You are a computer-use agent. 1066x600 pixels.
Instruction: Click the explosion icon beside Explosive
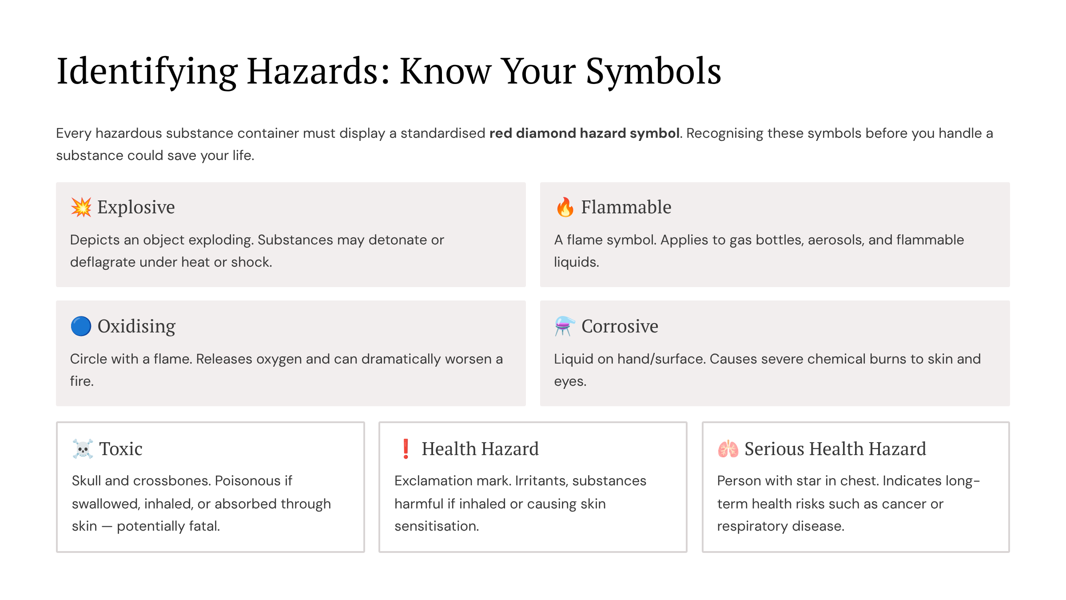[81, 207]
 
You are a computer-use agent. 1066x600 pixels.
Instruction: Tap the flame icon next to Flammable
[565, 207]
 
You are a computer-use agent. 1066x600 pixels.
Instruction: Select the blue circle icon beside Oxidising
[81, 326]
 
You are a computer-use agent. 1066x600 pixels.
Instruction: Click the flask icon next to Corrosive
[565, 326]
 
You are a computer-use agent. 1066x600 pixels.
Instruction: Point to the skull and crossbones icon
[83, 449]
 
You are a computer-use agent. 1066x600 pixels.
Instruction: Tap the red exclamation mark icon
[406, 449]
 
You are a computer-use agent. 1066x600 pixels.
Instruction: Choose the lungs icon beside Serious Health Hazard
[728, 449]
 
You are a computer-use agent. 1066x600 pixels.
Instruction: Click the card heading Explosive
[136, 207]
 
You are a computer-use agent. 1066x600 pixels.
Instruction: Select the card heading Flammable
[626, 207]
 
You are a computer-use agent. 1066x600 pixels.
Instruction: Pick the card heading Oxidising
[136, 326]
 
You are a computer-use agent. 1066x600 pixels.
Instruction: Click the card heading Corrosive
[620, 326]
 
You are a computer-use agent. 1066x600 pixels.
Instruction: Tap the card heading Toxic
[121, 449]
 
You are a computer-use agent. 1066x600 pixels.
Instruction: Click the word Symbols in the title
[653, 71]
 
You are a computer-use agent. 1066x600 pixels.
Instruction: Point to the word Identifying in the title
[147, 71]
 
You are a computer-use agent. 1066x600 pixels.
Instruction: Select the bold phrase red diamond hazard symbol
[585, 133]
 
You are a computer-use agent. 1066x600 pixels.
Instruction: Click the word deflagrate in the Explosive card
[103, 262]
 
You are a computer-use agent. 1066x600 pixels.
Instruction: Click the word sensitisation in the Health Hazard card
[436, 526]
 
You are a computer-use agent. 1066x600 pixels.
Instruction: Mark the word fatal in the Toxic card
[204, 526]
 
